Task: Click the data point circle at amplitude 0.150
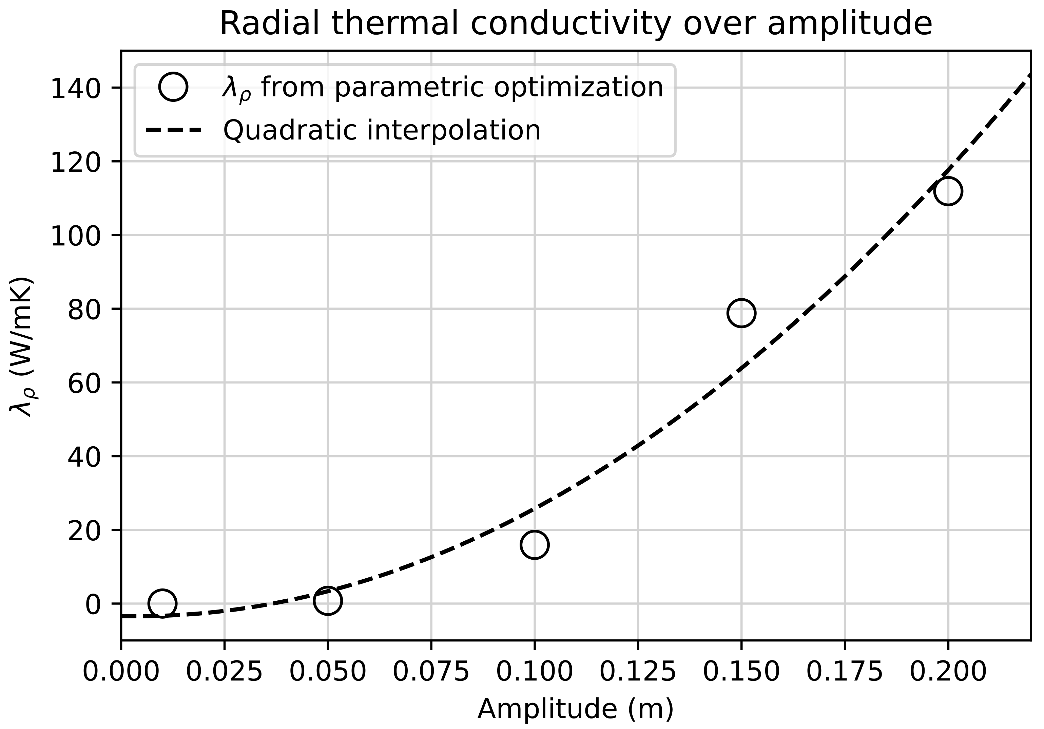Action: tap(741, 313)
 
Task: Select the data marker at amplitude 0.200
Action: tap(948, 191)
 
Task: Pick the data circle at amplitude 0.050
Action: tap(327, 601)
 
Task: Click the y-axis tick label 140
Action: tap(75, 88)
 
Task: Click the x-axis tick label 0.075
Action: tap(431, 672)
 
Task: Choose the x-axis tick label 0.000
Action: tap(121, 672)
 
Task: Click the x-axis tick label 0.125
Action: tap(638, 672)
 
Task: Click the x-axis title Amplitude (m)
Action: tap(575, 709)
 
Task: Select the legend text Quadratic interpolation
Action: tap(382, 131)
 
